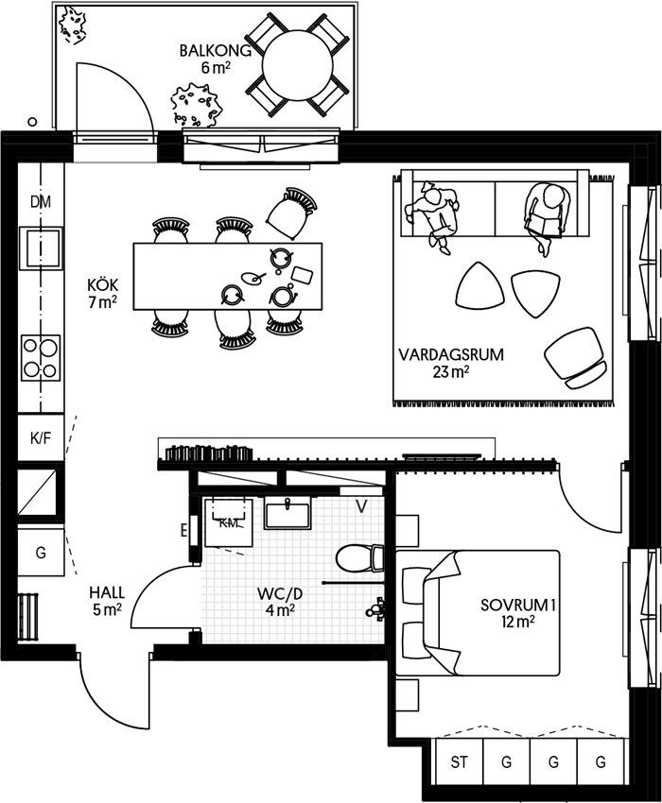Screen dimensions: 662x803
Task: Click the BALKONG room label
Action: click(216, 51)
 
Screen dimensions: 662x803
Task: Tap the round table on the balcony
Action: click(297, 66)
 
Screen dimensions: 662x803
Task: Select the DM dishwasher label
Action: click(41, 202)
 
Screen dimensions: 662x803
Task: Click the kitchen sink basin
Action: click(41, 248)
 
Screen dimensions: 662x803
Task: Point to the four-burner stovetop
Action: click(41, 357)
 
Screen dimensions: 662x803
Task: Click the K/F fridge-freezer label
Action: click(41, 437)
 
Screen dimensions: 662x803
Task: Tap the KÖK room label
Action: click(102, 284)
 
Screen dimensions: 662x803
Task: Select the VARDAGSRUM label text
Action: click(451, 354)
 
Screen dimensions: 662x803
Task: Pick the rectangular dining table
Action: click(228, 276)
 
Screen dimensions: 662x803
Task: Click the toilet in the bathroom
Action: click(360, 557)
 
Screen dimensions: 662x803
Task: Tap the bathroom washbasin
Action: click(287, 514)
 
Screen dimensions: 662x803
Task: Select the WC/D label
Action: click(280, 593)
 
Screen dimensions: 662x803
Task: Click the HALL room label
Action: click(107, 592)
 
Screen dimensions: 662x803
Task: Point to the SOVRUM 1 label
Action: click(518, 605)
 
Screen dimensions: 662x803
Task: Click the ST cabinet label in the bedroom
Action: click(459, 762)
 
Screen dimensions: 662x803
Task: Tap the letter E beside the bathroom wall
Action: click(183, 532)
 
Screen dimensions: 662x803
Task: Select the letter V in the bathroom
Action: click(361, 506)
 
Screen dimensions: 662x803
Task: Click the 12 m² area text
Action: click(518, 622)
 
